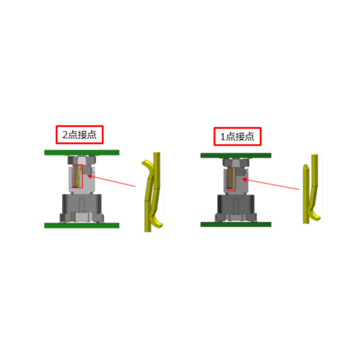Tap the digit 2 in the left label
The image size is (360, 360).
tap(65, 135)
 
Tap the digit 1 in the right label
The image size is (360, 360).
tap(222, 137)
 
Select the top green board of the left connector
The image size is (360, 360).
tap(82, 152)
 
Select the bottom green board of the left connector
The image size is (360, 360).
tap(82, 226)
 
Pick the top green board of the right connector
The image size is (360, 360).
tap(236, 156)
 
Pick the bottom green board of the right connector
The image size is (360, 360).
tap(236, 224)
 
